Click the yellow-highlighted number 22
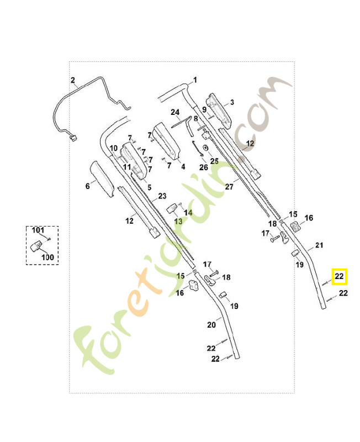(x=340, y=275)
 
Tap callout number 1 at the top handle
(x=194, y=80)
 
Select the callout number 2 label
(x=72, y=81)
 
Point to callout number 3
(x=232, y=103)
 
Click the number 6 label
(x=87, y=187)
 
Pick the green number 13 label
(x=178, y=221)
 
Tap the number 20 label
(x=211, y=325)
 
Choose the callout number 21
(x=319, y=245)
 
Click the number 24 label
(x=175, y=112)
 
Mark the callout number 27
(x=229, y=187)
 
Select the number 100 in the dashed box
(x=47, y=257)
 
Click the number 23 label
(x=162, y=196)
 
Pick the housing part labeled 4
(x=167, y=141)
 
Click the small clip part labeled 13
(x=172, y=208)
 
